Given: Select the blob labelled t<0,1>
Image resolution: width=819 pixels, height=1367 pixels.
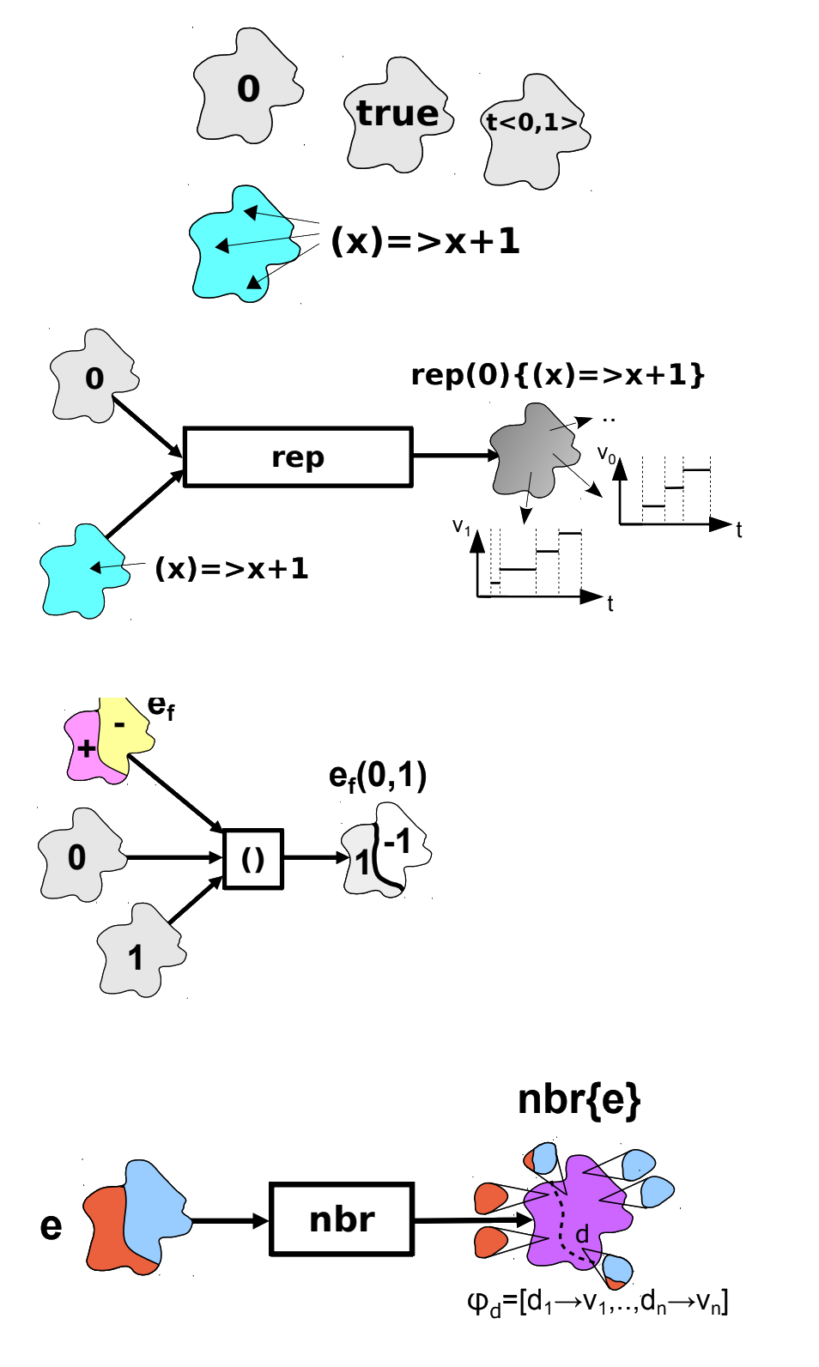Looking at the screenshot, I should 532,129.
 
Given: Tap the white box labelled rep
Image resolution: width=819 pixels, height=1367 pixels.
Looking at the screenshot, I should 297,457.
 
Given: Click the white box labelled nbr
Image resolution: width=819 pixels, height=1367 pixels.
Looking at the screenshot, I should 343,1219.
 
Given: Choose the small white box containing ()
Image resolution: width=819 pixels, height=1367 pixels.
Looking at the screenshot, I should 253,859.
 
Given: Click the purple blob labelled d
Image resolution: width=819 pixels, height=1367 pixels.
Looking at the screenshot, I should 575,1219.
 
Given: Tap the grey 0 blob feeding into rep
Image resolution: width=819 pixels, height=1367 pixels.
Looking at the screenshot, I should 93,378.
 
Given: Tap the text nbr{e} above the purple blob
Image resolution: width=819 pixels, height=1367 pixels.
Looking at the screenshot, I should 579,1100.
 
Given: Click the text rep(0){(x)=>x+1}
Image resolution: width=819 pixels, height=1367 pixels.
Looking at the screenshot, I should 558,375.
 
